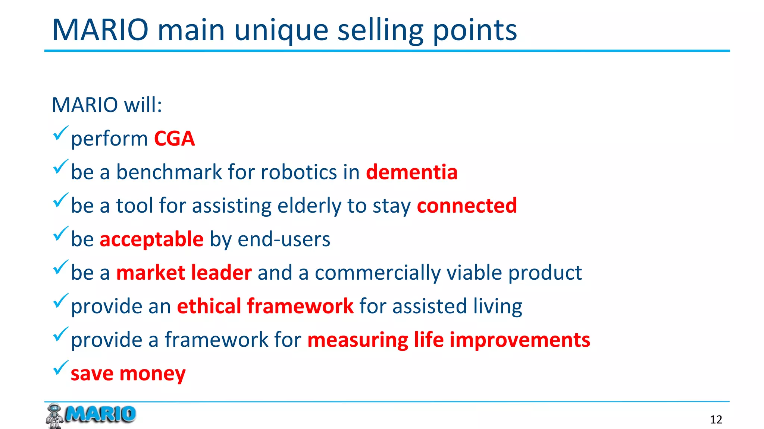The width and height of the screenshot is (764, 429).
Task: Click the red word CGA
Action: point(174,139)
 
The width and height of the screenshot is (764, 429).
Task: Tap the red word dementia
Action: point(411,172)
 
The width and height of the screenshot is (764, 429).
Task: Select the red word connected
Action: point(467,206)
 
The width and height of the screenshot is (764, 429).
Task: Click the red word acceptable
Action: point(151,239)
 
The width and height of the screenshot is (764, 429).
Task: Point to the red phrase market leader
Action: point(184,273)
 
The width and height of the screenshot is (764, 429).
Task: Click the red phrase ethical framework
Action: point(265,306)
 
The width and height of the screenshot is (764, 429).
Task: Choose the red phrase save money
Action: point(128,374)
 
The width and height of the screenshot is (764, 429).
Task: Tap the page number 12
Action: point(716,420)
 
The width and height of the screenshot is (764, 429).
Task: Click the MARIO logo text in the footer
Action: point(100,414)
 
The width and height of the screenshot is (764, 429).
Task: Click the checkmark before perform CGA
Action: point(60,133)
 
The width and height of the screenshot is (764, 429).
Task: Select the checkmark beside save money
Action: point(60,368)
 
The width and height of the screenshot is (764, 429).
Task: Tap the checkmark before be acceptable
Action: point(60,234)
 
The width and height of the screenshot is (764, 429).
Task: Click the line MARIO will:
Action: point(107,105)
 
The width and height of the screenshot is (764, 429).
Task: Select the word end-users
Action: point(284,239)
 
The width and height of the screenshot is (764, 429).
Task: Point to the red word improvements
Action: point(520,340)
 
